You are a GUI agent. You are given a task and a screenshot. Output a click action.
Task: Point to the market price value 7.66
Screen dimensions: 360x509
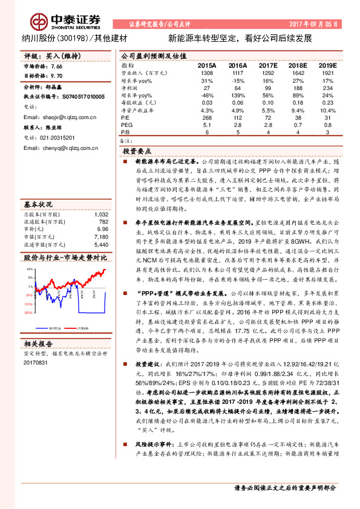coord(56,66)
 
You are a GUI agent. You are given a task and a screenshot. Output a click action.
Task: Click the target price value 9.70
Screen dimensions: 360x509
coord(56,77)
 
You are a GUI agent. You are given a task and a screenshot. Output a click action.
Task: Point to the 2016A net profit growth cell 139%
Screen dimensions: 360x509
coord(238,95)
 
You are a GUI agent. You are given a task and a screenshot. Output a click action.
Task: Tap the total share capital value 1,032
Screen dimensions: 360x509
coord(101,214)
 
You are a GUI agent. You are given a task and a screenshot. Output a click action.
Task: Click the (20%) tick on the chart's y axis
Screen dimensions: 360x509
coord(28,313)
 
